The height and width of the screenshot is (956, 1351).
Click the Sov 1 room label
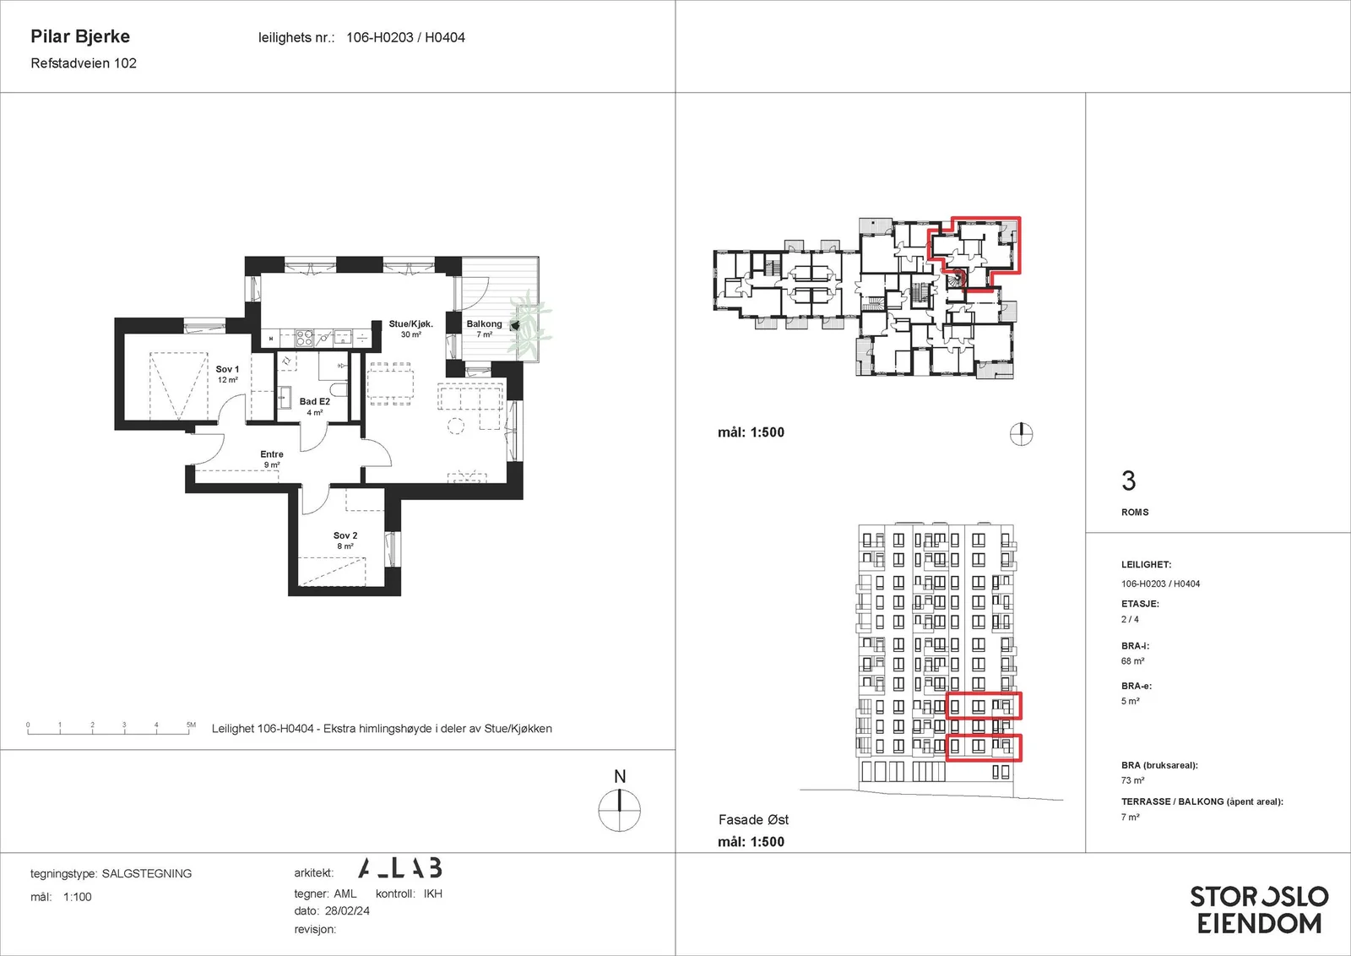[227, 369]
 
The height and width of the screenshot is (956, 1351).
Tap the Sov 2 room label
[345, 535]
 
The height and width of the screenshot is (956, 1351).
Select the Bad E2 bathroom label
[315, 402]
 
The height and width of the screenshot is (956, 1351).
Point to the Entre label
[271, 454]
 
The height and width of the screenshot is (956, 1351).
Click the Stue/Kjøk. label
[410, 324]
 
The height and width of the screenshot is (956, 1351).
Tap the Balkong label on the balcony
[484, 324]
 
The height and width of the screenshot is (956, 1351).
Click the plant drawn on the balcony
[529, 325]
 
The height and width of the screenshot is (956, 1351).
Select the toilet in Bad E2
[339, 389]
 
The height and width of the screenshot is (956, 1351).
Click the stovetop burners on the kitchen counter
[303, 338]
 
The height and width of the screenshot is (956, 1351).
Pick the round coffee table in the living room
[456, 426]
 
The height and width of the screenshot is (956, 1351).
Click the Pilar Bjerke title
[80, 36]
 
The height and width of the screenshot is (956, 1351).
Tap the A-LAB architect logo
[400, 867]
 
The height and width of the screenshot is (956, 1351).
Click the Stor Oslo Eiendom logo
[1259, 910]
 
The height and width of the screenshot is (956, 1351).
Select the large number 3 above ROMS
[1128, 481]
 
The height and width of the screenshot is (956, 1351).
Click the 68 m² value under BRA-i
[1132, 661]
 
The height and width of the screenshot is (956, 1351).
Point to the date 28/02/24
[347, 910]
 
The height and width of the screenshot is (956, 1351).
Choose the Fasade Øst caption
[753, 820]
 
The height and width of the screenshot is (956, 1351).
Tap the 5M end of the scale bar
[191, 725]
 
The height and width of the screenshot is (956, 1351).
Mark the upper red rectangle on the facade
[984, 706]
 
